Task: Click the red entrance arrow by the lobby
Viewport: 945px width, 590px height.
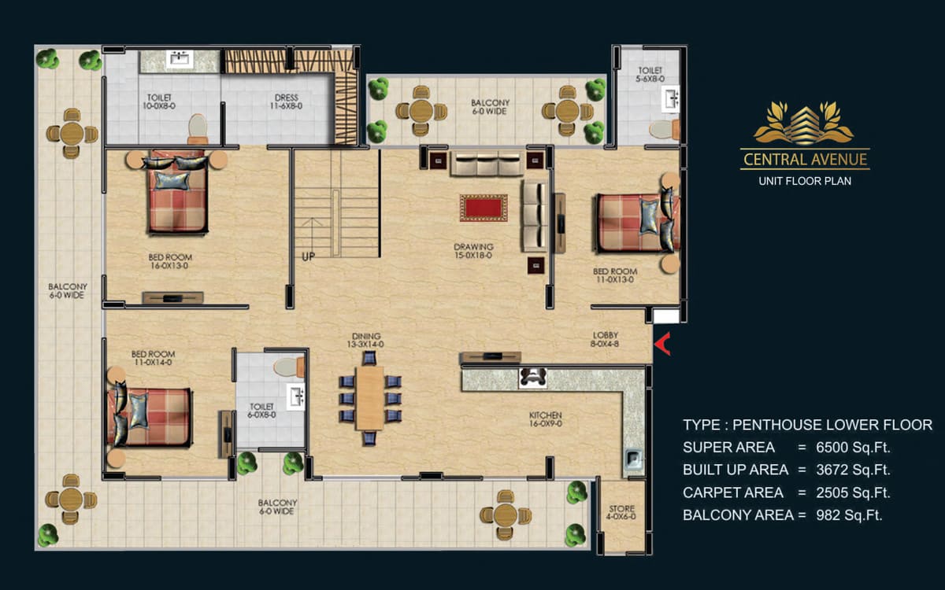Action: pos(662,344)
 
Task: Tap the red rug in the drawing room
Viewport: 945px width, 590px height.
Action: pos(484,208)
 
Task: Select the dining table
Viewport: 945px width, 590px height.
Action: pos(369,398)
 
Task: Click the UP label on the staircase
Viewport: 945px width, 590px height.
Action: pos(309,256)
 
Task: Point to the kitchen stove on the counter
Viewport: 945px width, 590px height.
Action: pos(532,378)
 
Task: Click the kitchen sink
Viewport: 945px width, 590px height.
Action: pos(633,459)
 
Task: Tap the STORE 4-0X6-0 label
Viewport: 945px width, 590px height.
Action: pos(621,512)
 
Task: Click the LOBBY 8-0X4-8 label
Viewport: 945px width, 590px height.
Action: pos(605,339)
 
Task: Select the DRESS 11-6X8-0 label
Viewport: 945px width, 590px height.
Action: pos(286,101)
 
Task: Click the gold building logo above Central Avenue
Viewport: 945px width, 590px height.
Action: pos(804,123)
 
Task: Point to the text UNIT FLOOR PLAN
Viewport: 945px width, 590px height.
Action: pos(805,181)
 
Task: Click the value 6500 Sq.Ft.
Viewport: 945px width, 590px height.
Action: pos(853,447)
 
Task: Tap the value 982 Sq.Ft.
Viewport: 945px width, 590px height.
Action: pos(849,515)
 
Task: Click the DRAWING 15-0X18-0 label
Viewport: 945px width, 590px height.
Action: pos(473,251)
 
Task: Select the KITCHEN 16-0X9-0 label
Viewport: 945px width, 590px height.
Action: pos(546,419)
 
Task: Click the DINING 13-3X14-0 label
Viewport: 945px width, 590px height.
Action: pos(365,340)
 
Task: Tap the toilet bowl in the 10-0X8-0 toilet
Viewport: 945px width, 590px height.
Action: pos(198,129)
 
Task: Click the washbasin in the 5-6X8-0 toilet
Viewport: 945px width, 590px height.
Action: pos(670,99)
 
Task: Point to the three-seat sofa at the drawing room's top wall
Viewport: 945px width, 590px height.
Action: pos(487,163)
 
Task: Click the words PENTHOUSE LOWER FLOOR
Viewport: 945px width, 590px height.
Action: pos(832,425)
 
